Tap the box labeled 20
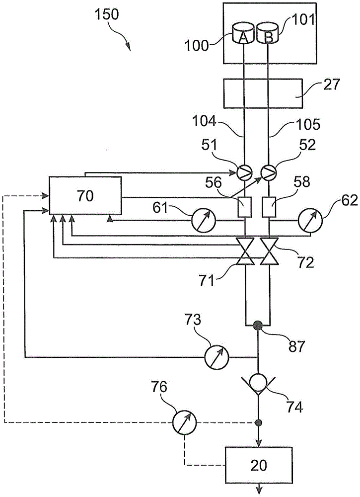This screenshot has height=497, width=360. (259, 465)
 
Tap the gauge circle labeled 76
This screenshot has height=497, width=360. (184, 423)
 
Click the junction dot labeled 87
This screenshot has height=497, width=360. (258, 326)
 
